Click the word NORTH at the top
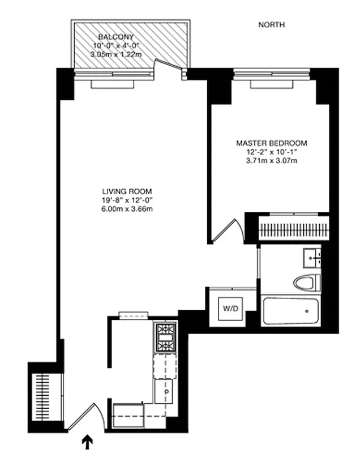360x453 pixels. click(271, 25)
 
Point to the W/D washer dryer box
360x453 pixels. click(230, 309)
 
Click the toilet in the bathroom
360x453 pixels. click(305, 282)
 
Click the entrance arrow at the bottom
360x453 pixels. click(87, 441)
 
